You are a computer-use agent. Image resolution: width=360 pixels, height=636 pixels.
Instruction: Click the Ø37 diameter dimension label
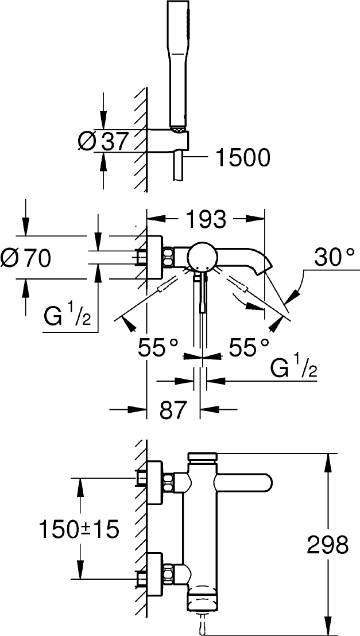pos(103,141)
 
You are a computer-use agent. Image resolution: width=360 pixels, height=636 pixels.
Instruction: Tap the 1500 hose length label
pos(243,157)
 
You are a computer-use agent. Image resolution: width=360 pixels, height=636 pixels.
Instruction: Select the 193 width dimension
pos(205,219)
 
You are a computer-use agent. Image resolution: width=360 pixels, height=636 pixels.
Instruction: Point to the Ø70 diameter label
pos(25,257)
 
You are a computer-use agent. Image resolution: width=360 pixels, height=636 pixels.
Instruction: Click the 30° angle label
pos(334,258)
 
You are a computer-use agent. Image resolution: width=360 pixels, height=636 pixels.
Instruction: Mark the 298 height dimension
pos(328,545)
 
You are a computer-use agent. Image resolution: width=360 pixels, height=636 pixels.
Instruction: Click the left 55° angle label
pos(158,348)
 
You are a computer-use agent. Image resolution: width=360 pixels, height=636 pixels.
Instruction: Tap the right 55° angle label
pos(249,348)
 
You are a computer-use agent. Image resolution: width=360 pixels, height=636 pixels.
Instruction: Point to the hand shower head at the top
pos(177,65)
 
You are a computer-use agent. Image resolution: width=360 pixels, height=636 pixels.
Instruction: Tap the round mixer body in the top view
pos(202,257)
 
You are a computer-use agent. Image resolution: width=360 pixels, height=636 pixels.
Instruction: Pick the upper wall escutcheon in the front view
pos(155,482)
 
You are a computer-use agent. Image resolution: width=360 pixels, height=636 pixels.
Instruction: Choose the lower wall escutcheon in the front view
pos(155,575)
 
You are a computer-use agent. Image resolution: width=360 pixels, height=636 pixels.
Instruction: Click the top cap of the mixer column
pos(202,457)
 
